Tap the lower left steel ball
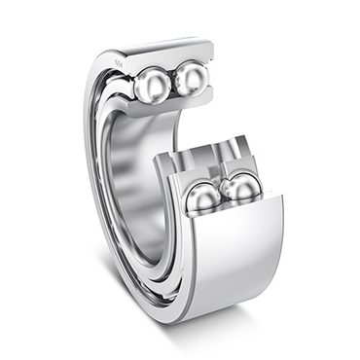tap(203, 199)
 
